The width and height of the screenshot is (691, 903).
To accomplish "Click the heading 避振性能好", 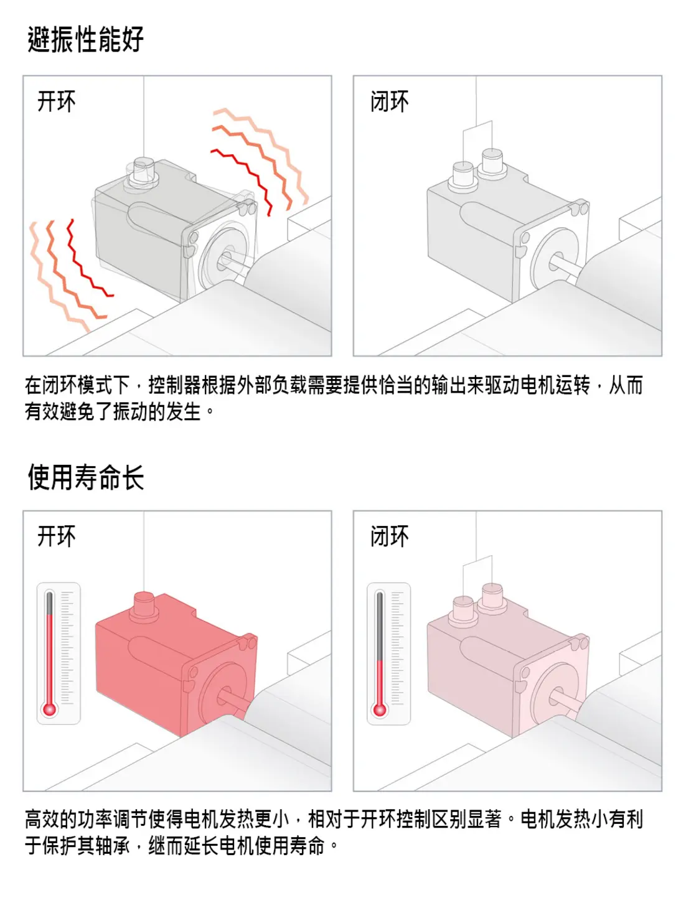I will [85, 39].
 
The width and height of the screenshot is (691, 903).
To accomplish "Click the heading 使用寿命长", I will [85, 477].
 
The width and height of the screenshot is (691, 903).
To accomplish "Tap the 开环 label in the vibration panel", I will [57, 101].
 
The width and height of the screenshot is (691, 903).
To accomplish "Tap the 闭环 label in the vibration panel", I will [390, 101].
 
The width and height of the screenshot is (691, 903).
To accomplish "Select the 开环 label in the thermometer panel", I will [57, 536].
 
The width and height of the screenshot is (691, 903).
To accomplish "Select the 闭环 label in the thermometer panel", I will [390, 536].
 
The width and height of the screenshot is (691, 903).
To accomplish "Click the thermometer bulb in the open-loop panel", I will [49, 709].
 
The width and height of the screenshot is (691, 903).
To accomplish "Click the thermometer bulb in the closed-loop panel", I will [379, 709].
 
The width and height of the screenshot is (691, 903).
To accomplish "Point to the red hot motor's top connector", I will [144, 604].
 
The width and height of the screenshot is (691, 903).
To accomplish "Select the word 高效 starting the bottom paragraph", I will [42, 819].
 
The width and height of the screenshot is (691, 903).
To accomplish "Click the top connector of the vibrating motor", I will [143, 171].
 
